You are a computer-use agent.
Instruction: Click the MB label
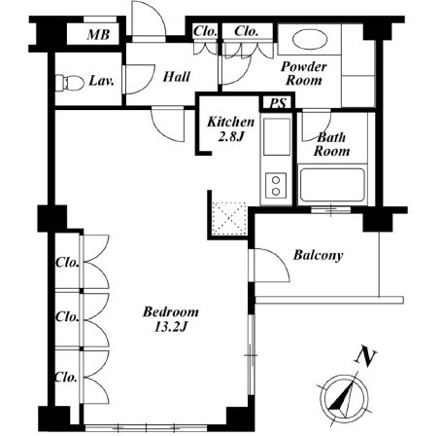tap(98, 35)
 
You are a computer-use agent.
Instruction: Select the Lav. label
tap(101, 81)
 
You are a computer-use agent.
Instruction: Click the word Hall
tap(177, 77)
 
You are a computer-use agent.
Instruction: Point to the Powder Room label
tap(303, 73)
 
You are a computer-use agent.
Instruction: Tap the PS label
tap(278, 104)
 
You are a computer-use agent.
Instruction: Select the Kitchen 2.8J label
tap(230, 128)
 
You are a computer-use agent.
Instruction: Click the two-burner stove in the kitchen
tap(276, 186)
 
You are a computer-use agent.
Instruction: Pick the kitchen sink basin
tap(277, 137)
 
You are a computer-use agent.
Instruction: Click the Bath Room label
tap(331, 144)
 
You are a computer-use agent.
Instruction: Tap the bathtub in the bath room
tap(332, 186)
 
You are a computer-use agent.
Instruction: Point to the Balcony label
tap(318, 255)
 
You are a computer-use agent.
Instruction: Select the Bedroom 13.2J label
tap(171, 319)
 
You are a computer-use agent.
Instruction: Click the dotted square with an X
tap(229, 218)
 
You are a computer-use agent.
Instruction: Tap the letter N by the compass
tap(366, 357)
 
